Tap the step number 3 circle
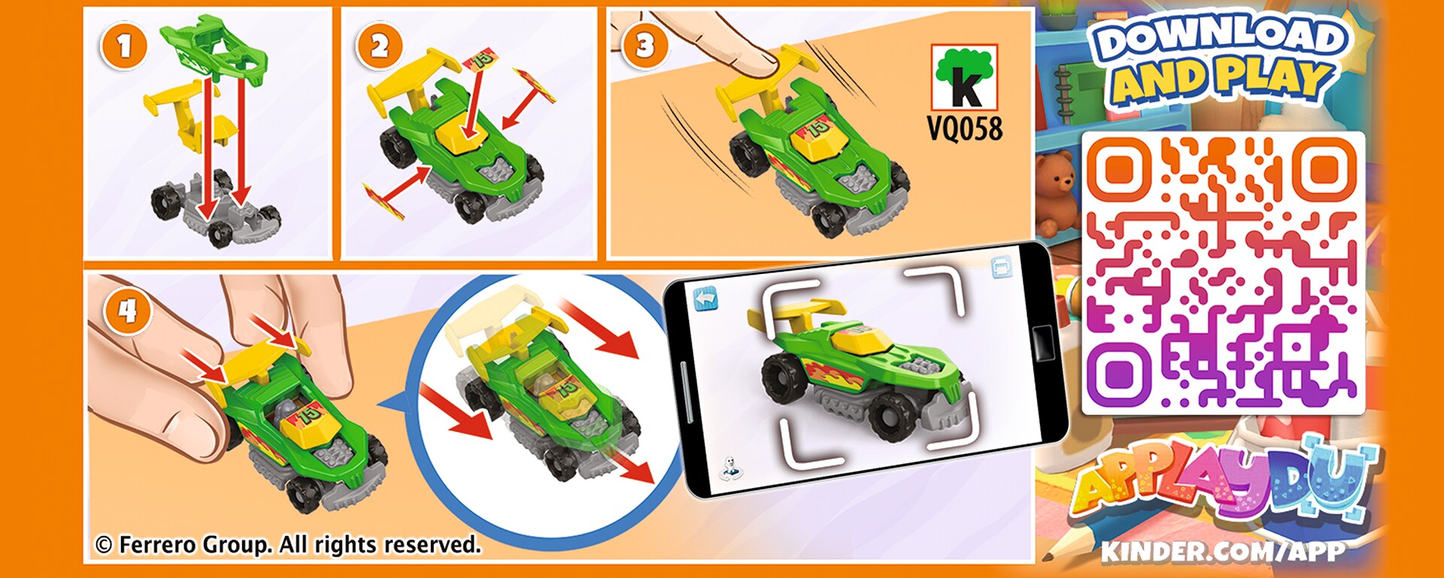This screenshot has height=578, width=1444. (645, 47)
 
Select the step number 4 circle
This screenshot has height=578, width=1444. (127, 310)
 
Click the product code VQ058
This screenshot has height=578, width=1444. (965, 129)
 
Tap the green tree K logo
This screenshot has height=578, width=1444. (965, 78)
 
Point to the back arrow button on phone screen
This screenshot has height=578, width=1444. (705, 299)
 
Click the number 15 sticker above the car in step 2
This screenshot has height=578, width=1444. (482, 58)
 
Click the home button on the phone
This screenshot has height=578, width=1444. (1042, 342)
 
